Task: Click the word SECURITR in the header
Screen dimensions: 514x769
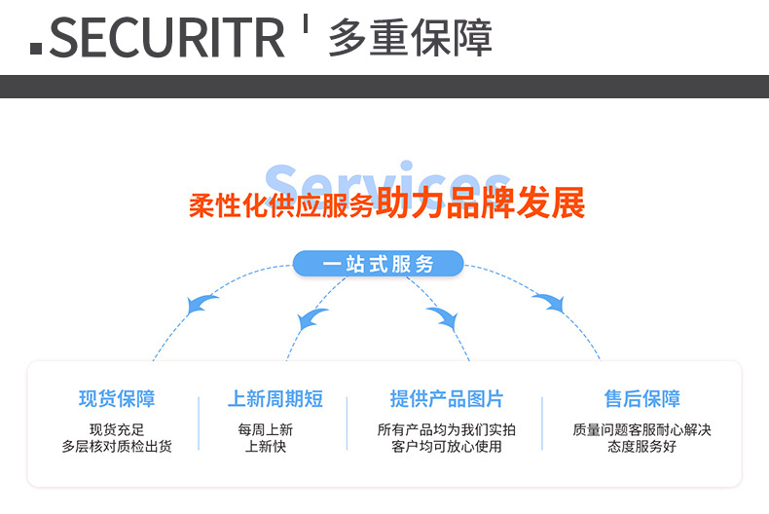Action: tap(166, 37)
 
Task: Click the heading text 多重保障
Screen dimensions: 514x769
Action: tap(410, 38)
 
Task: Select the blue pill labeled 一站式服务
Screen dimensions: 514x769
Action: tap(379, 264)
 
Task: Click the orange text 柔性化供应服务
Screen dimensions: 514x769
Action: tap(281, 206)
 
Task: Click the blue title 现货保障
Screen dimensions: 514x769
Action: tap(117, 399)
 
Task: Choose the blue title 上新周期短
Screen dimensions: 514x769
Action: tap(275, 399)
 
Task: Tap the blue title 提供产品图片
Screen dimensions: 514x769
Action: tap(447, 399)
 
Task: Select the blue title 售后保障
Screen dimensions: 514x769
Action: tap(641, 399)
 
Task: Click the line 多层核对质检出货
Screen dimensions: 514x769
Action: tap(117, 447)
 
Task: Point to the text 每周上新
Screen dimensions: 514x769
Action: tap(266, 429)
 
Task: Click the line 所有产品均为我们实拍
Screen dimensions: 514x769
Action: tap(447, 429)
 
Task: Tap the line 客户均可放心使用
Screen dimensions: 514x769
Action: tap(447, 447)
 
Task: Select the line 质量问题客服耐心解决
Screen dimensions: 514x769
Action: tap(641, 429)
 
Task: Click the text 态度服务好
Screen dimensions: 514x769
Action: tap(641, 447)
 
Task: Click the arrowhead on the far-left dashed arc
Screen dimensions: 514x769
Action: tap(202, 305)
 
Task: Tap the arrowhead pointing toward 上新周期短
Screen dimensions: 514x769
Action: tap(312, 317)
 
